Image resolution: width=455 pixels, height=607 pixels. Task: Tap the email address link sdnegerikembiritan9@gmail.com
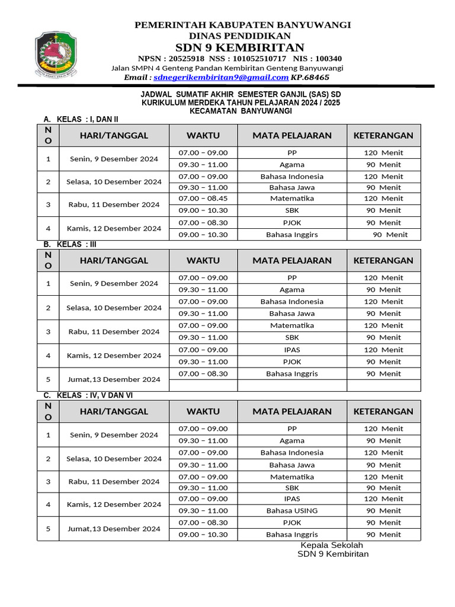coord(221,78)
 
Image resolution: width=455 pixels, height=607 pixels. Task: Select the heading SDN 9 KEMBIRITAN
coord(240,47)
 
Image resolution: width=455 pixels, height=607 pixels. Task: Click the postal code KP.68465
coord(310,78)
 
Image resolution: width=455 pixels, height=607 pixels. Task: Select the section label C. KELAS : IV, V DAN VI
coord(92,395)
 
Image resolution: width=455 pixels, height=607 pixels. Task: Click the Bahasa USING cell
coord(292,510)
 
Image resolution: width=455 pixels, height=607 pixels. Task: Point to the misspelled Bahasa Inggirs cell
coord(292,235)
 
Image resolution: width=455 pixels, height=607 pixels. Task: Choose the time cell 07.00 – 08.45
coord(203,199)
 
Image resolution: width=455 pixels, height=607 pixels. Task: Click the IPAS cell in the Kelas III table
coord(292,350)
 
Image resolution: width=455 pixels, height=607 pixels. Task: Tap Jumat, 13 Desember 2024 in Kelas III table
coord(114,379)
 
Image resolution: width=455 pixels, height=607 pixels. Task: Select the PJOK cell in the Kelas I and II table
coord(292,223)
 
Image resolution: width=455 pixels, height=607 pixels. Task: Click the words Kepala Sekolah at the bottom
coord(332,545)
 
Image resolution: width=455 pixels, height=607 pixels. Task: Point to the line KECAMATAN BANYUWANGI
coord(241,111)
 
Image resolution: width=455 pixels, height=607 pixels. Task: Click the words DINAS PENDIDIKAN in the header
coord(243,36)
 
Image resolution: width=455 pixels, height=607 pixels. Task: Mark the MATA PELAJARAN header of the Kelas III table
coord(292,260)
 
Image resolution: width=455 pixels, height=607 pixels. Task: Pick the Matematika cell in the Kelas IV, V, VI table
coord(292,477)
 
